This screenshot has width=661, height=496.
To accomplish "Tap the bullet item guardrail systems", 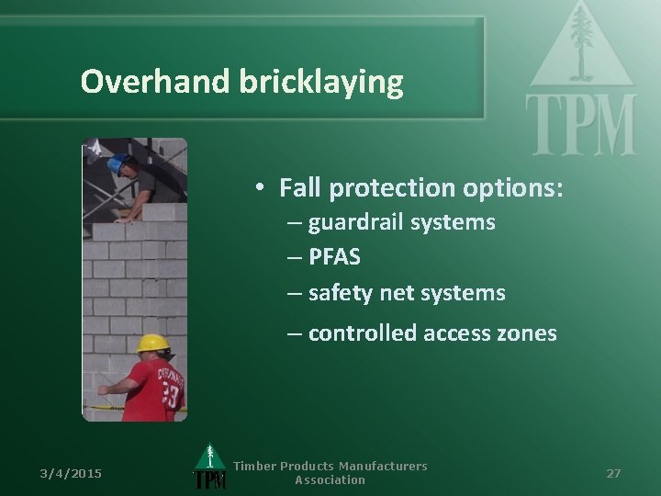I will pyautogui.click(x=401, y=222).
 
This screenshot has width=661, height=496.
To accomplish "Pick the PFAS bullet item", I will pyautogui.click(x=334, y=257).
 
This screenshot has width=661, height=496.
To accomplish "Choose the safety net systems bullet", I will pyautogui.click(x=406, y=293).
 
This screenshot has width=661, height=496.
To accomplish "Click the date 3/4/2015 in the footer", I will pyautogui.click(x=71, y=473).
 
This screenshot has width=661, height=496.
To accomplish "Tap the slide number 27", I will pyautogui.click(x=613, y=473).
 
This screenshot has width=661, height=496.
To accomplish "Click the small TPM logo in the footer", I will pyautogui.click(x=210, y=468).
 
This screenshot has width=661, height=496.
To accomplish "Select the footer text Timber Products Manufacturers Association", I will pyautogui.click(x=330, y=473).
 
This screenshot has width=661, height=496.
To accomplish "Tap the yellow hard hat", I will pyautogui.click(x=154, y=344).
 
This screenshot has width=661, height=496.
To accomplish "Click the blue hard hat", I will pyautogui.click(x=116, y=164).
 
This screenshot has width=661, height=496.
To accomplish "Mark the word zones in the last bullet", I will pyautogui.click(x=528, y=333).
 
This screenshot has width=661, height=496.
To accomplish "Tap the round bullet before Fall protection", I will pyautogui.click(x=261, y=188).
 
